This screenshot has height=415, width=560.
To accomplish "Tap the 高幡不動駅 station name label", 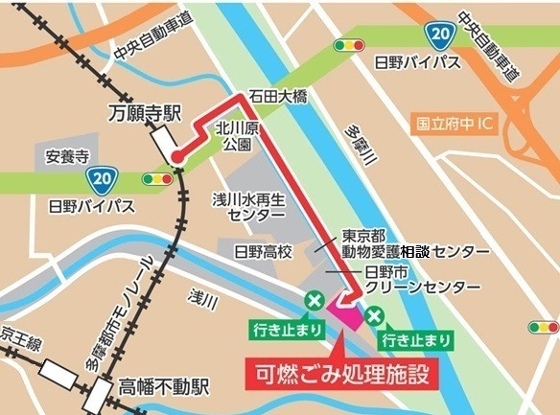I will click(x=163, y=387).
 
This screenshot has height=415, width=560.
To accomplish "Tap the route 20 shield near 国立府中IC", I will click(x=440, y=35).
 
